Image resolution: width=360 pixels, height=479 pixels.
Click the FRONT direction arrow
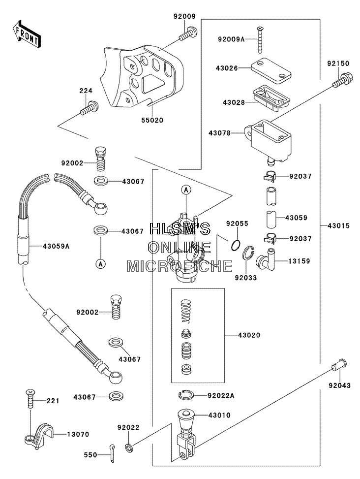26,33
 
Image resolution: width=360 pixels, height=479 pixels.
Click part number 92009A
231,39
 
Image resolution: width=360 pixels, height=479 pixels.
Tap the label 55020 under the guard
152,120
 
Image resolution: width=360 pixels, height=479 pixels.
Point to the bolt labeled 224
90,108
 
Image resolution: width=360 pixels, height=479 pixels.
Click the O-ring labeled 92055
236,245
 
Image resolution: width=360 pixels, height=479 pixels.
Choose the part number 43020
249,335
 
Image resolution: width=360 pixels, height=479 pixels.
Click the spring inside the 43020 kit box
186,311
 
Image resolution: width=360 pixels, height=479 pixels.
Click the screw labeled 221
30,399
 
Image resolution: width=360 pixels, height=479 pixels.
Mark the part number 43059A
56,246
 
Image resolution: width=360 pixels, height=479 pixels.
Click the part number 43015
339,226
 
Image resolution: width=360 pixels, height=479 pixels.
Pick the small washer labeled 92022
129,448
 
